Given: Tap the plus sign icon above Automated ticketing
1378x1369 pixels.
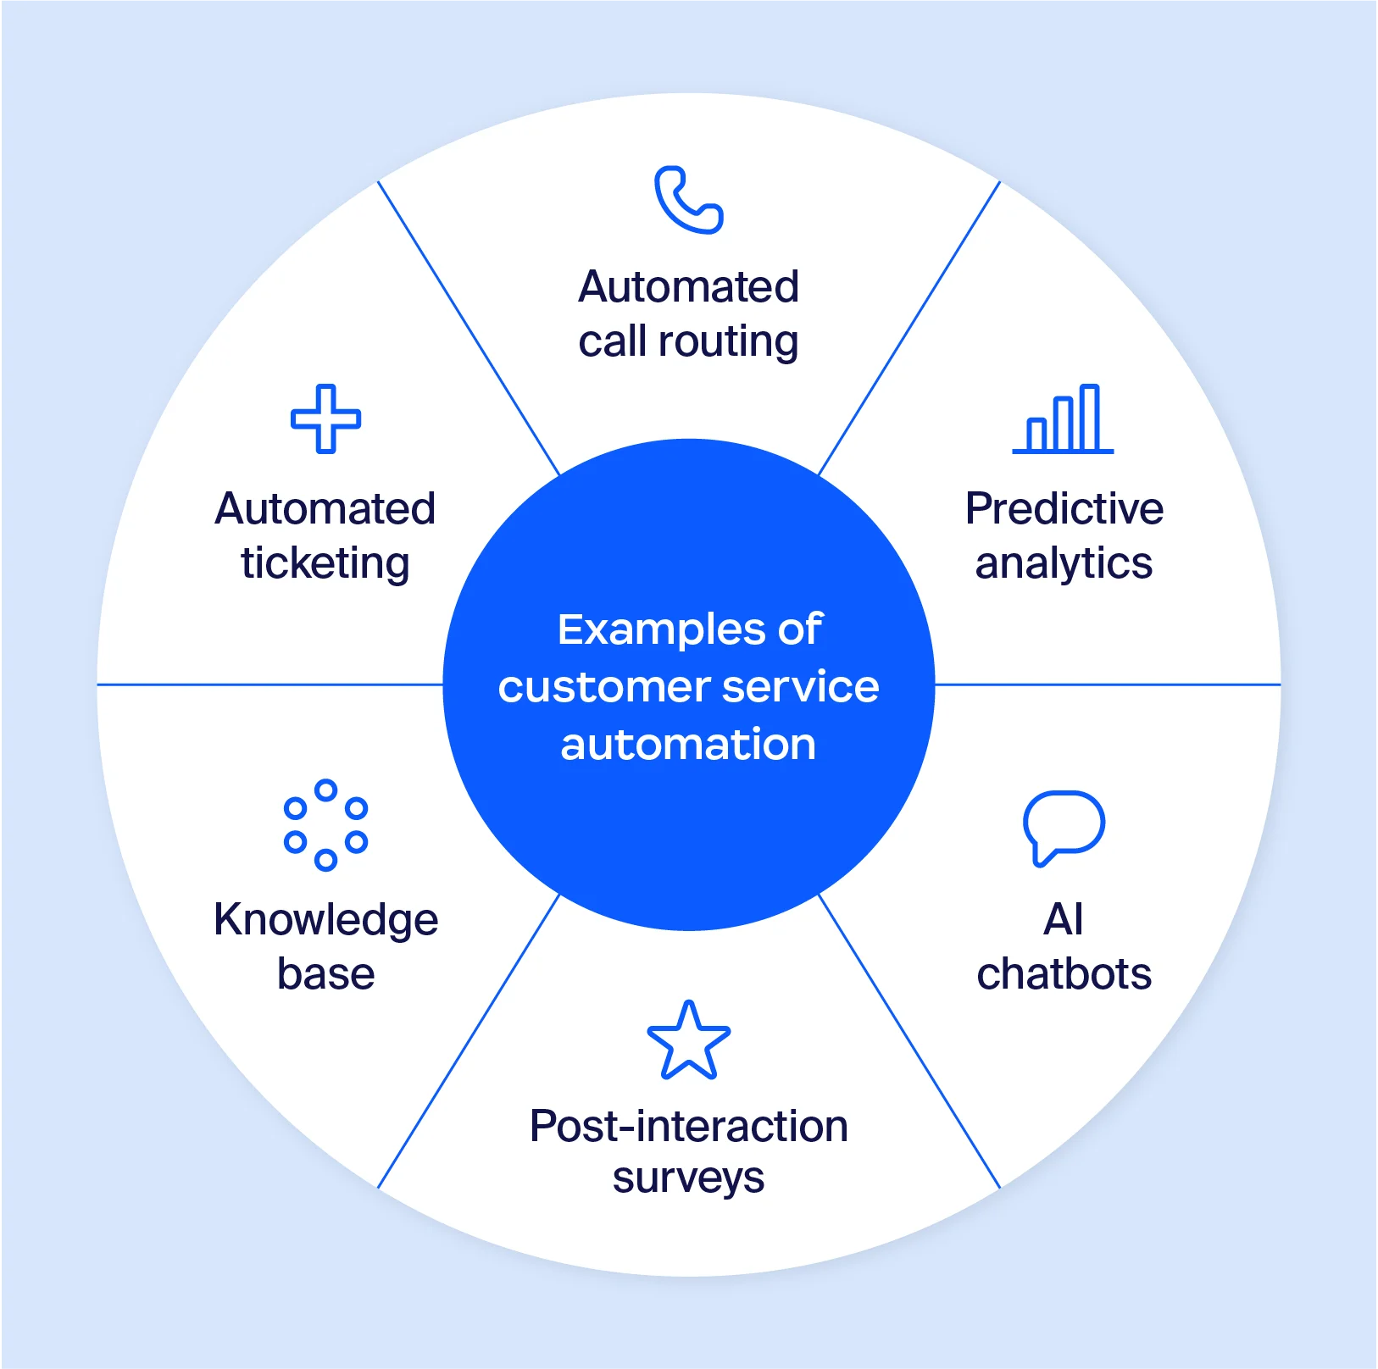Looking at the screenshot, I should pyautogui.click(x=325, y=418).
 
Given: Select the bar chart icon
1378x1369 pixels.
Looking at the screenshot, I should pyautogui.click(x=1063, y=420).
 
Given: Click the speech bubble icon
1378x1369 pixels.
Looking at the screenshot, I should pyautogui.click(x=1064, y=826).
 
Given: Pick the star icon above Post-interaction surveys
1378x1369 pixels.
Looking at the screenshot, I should pyautogui.click(x=688, y=1042).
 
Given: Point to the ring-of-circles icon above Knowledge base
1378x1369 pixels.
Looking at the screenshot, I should pyautogui.click(x=325, y=825).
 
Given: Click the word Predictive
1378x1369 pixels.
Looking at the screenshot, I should pyautogui.click(x=1064, y=509).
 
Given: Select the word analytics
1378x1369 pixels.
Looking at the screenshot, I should pyautogui.click(x=1064, y=563).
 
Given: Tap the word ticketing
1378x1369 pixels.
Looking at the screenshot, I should pyautogui.click(x=325, y=563).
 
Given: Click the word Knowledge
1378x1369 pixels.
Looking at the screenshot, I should pyautogui.click(x=325, y=920).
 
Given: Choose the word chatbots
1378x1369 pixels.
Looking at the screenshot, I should pyautogui.click(x=1064, y=974).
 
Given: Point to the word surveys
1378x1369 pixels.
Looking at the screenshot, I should pyautogui.click(x=688, y=1178).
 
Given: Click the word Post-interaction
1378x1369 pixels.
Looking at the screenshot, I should pyautogui.click(x=688, y=1126).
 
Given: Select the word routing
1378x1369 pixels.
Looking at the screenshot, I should pyautogui.click(x=728, y=342).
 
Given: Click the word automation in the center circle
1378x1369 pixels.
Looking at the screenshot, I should pyautogui.click(x=688, y=745).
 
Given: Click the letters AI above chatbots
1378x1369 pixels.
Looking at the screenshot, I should pyautogui.click(x=1064, y=920).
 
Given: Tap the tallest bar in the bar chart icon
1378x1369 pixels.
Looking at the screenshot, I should pyautogui.click(x=1090, y=418).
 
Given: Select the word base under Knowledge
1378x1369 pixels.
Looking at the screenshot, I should pyautogui.click(x=325, y=974).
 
